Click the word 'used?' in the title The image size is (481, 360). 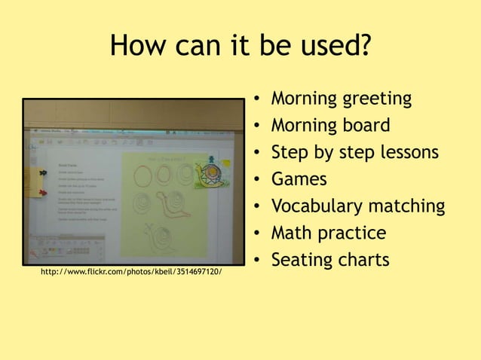click(331, 47)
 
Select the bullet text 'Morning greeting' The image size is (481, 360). click(341, 99)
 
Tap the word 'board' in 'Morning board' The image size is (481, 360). click(365, 125)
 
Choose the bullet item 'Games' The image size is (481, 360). click(299, 179)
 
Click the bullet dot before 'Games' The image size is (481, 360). click(258, 181)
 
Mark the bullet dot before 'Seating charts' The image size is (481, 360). click(258, 261)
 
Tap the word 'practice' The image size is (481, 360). click(356, 233)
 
